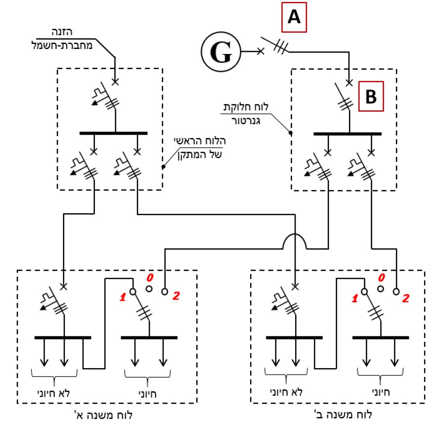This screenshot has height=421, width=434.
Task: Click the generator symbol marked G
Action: tap(221, 52)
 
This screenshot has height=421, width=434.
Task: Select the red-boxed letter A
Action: tap(294, 17)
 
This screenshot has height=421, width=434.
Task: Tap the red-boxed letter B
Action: tap(371, 96)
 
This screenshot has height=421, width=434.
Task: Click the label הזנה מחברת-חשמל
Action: tap(62, 39)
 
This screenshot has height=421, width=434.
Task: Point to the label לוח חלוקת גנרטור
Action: tap(246, 114)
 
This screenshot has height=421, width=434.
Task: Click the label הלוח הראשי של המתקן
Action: tap(200, 148)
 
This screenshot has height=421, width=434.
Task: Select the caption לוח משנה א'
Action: tap(103, 415)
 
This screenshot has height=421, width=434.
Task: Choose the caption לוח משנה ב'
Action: tap(343, 415)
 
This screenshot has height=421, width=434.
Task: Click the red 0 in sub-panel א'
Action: tap(150, 277)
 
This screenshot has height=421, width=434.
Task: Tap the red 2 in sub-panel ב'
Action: tap(406, 298)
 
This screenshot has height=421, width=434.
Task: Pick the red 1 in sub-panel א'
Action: tap(123, 297)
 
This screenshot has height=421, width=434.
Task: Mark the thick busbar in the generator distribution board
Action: tap(347, 134)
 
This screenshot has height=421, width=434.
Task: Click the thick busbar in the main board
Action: tap(114, 133)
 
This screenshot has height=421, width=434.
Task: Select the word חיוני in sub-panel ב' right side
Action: tap(381, 392)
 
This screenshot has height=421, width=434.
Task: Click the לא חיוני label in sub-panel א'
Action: tap(54, 393)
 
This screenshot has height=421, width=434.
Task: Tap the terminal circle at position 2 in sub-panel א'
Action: tap(165, 292)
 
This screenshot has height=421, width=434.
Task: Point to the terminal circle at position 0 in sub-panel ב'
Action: tap(381, 289)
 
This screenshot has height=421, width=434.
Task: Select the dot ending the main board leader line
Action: tap(164, 167)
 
